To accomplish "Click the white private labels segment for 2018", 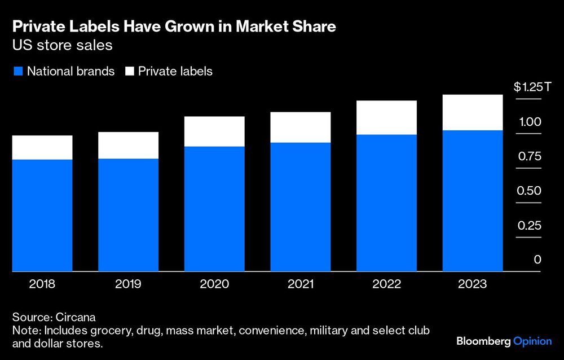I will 42,147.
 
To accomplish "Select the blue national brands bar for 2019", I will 128,214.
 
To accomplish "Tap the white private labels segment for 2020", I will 214,131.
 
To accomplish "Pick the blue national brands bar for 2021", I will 301,207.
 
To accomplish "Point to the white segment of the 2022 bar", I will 386,117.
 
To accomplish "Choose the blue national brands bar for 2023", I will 473,201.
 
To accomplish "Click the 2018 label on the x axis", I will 42,284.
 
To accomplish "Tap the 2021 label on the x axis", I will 301,284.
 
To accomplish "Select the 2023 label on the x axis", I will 473,284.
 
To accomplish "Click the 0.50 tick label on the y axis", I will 530,191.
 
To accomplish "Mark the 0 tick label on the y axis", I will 537,260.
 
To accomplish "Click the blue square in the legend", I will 17,72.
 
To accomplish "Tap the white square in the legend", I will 129,72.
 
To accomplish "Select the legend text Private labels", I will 175,72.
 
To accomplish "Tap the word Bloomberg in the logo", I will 482,341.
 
